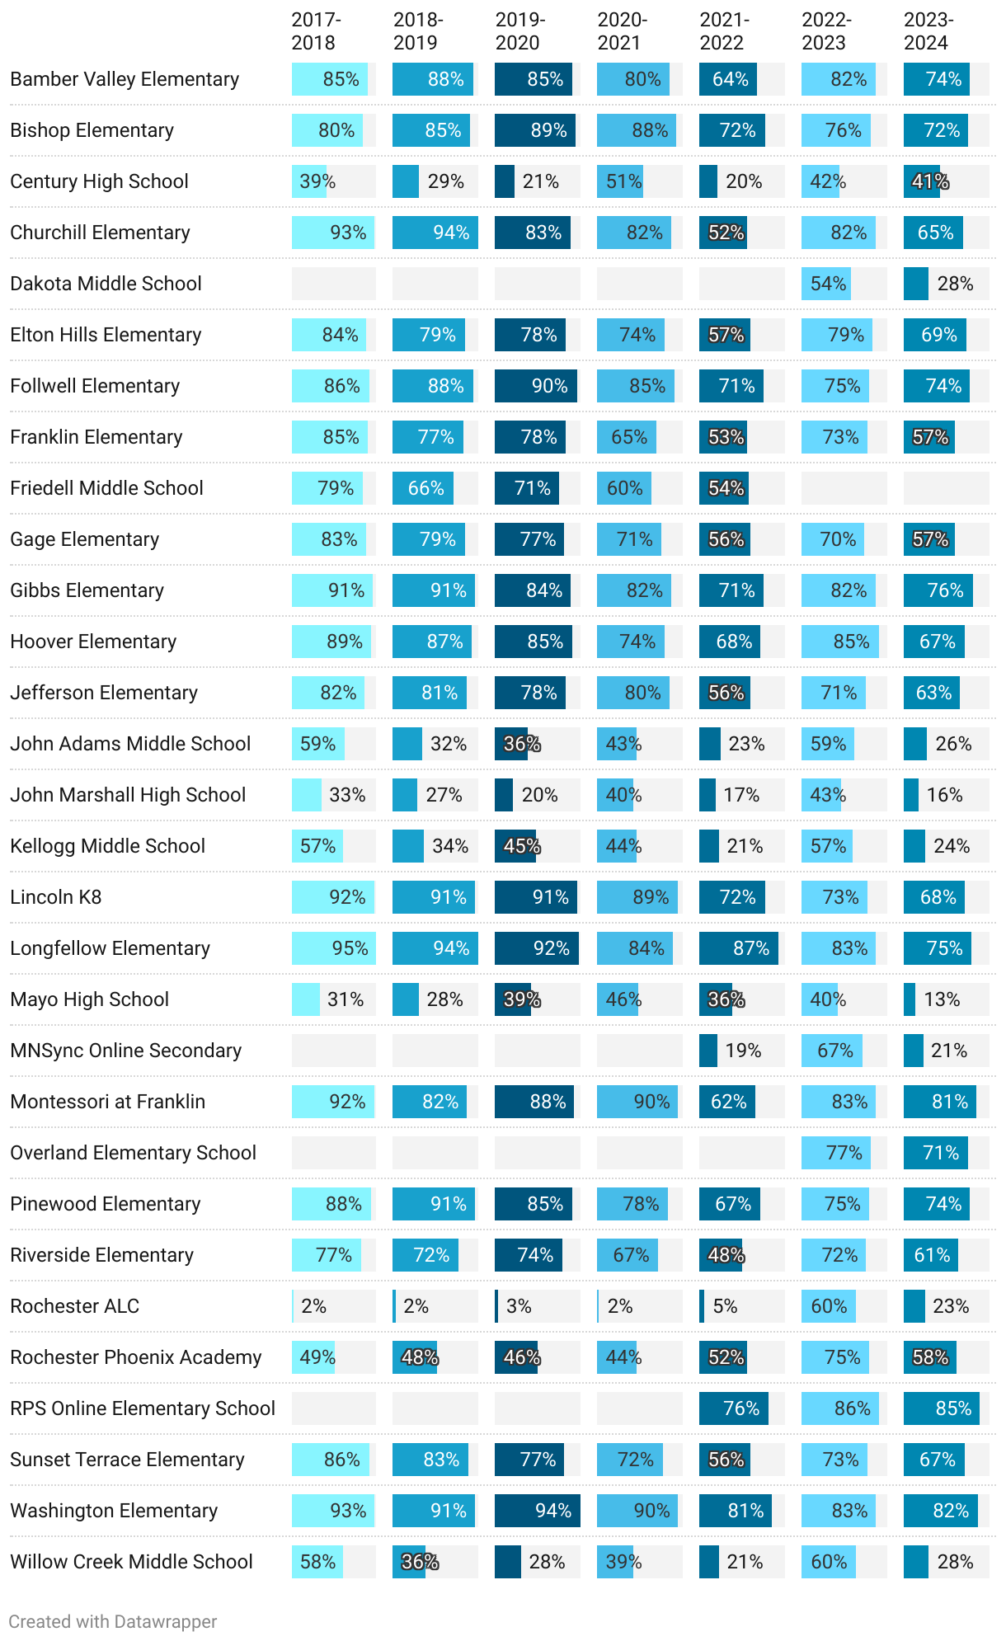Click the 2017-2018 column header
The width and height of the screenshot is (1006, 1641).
(316, 31)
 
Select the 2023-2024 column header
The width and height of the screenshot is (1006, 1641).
(928, 31)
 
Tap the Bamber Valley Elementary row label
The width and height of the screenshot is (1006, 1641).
(125, 79)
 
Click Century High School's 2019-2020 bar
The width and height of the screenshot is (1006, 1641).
(505, 181)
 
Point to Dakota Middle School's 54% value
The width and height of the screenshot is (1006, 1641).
(828, 284)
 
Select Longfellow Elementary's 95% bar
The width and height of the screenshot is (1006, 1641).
(333, 948)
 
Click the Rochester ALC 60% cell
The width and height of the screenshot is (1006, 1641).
(828, 1306)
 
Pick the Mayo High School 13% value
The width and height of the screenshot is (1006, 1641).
(942, 999)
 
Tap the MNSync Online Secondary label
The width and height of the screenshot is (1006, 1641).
(126, 1051)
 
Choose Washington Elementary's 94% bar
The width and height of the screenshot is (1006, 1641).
(537, 1511)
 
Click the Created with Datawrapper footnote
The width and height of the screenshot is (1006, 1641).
(113, 1621)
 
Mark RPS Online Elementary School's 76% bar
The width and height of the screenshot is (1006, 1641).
(733, 1408)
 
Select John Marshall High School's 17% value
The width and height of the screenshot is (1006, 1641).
(741, 795)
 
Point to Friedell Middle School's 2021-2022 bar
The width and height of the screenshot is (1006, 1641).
(723, 488)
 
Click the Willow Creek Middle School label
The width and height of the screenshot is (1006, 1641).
(132, 1562)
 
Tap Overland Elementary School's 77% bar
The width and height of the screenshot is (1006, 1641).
(836, 1153)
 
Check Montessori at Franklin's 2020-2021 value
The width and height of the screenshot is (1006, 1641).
(651, 1102)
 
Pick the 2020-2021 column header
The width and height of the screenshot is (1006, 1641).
(623, 31)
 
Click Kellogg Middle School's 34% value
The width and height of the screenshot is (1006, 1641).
(450, 846)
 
